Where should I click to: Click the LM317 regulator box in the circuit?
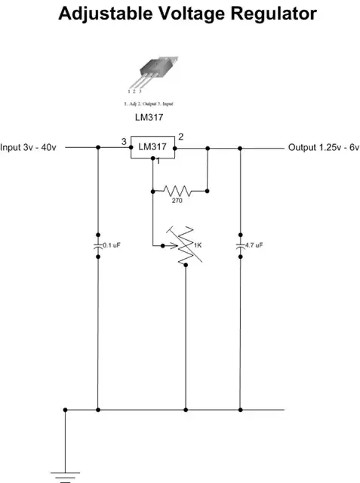153,147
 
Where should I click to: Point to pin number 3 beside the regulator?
124,141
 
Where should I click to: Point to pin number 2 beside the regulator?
181,138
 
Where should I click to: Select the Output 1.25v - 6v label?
323,148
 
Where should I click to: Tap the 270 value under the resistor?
177,202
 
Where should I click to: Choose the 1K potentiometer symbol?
185,246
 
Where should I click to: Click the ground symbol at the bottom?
66,475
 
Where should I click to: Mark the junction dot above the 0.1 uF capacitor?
98,148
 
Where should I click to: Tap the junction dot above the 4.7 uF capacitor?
240,148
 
